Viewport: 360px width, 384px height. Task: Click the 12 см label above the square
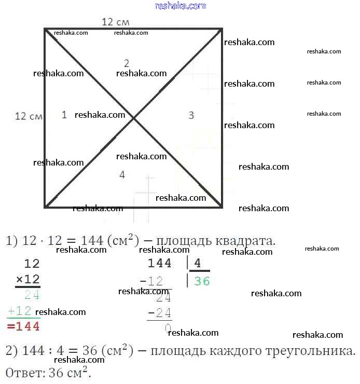115,22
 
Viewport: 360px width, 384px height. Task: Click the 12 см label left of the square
29,116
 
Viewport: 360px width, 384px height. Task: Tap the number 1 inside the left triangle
64,115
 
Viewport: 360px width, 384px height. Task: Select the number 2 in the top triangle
126,63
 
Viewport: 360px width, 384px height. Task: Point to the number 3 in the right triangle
191,115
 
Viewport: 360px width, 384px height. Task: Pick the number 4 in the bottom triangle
122,175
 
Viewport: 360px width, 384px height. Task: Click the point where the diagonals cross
134,118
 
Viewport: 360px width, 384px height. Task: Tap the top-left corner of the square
46,30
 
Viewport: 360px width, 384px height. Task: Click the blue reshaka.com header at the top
181,6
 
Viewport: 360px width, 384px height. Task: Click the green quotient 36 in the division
202,281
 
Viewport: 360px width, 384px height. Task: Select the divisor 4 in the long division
197,264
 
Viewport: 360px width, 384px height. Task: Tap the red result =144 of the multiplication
23,326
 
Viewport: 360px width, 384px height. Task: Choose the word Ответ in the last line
22,373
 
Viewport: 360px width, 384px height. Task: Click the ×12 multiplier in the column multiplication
27,279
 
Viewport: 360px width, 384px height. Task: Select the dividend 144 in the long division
159,264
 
